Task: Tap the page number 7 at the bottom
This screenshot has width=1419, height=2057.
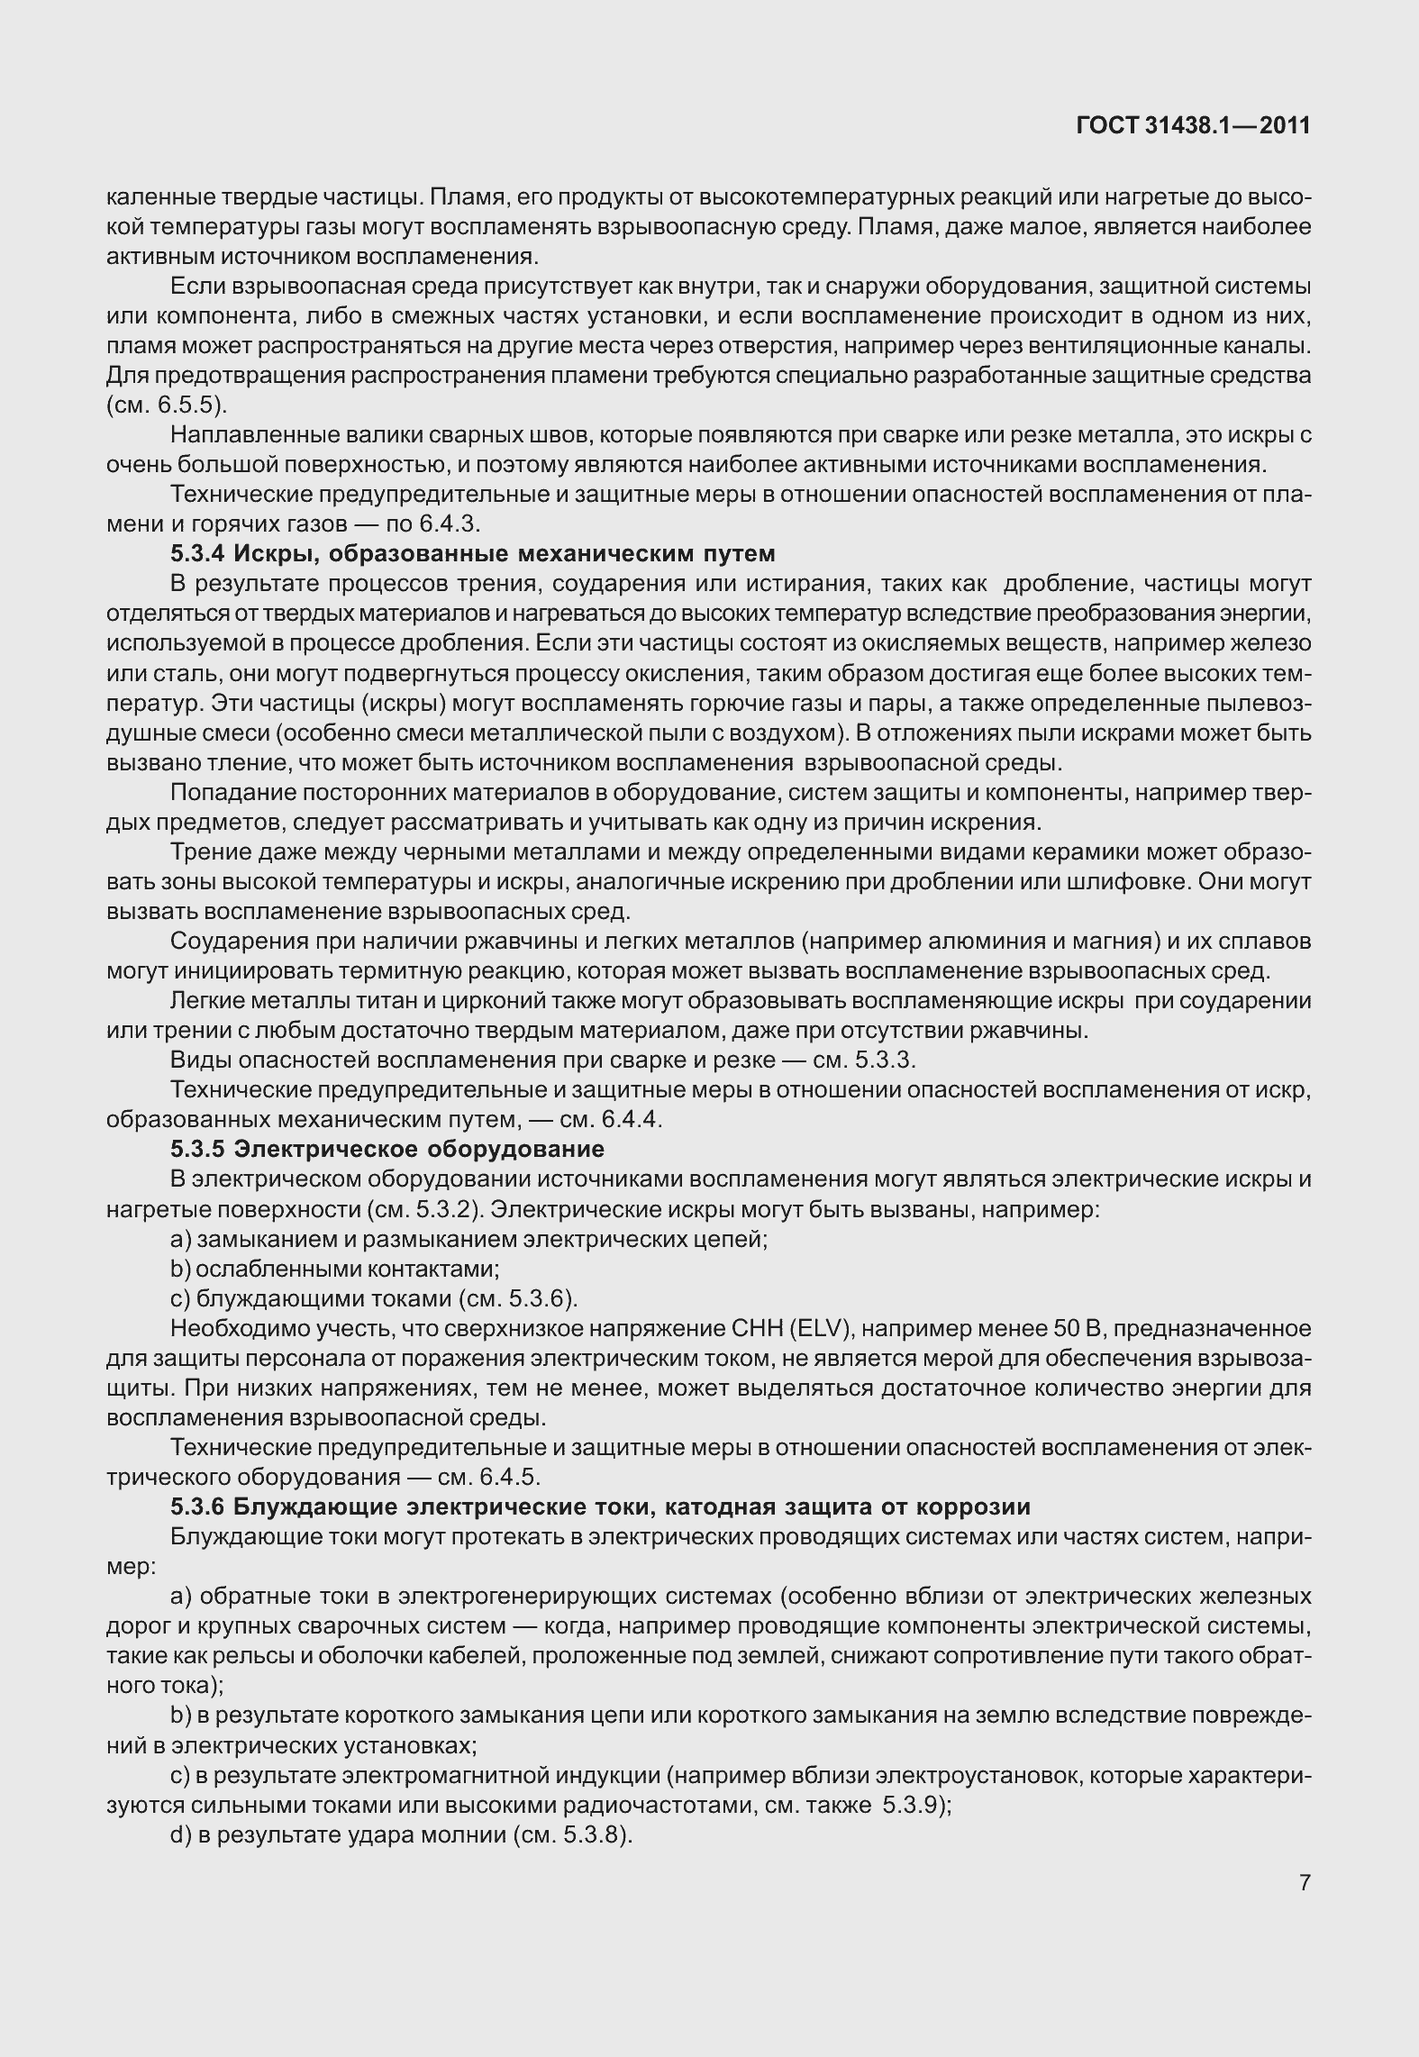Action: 1304,1882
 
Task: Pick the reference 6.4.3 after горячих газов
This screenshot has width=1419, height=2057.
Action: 454,523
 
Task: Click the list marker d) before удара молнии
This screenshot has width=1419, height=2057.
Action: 179,1834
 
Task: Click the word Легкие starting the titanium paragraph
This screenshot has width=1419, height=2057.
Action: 204,1001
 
